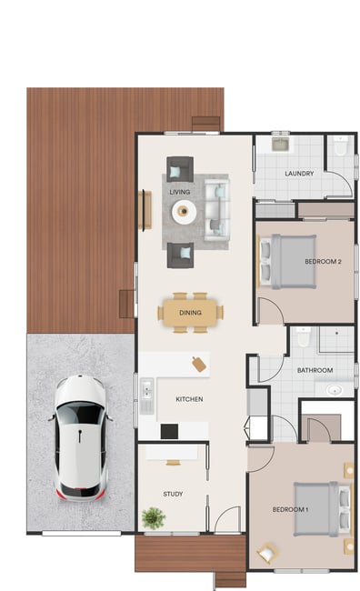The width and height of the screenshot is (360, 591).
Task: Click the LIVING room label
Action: click(x=179, y=192)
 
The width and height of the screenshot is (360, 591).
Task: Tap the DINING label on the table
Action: click(x=190, y=313)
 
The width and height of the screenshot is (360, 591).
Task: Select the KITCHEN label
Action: click(x=189, y=399)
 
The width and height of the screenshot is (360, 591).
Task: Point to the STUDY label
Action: click(x=173, y=494)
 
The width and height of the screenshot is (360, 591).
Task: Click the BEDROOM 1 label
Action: click(x=290, y=509)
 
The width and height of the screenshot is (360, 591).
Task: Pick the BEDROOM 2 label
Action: click(x=323, y=261)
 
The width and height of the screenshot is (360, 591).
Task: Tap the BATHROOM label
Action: click(x=315, y=370)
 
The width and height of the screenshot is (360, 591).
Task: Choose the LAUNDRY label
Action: click(x=299, y=174)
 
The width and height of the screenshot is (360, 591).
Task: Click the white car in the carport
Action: click(x=80, y=437)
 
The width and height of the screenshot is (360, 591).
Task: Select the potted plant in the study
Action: click(x=154, y=518)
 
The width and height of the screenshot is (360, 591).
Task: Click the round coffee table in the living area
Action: click(x=184, y=212)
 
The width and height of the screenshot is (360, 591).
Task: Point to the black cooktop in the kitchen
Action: click(x=169, y=431)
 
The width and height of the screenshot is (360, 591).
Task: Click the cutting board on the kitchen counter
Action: click(x=199, y=364)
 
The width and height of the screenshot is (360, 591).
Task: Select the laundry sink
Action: click(x=281, y=145)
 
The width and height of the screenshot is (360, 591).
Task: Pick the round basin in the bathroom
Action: click(x=335, y=390)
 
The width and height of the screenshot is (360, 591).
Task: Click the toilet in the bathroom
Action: click(x=303, y=336)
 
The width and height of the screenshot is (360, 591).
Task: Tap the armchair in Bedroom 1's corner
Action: click(x=267, y=554)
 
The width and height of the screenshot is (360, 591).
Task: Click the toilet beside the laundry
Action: click(x=341, y=145)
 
